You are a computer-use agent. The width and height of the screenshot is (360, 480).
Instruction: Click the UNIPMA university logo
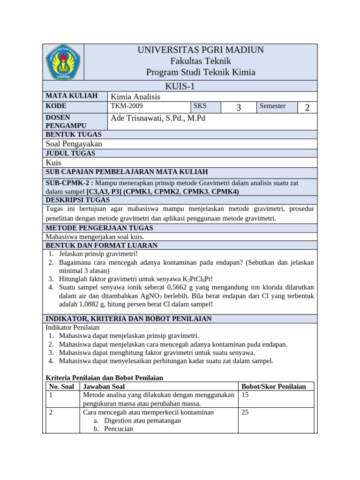pos(63,62)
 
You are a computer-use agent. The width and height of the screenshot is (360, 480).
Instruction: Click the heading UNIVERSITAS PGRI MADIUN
pos(201,50)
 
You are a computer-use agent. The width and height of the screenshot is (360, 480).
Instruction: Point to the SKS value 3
pos(238,108)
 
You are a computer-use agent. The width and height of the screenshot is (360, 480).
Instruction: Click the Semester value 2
pos(307,108)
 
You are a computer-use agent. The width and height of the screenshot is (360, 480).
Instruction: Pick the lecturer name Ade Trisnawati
pos(158,118)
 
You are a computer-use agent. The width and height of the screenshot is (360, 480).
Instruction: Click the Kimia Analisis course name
pos(135,97)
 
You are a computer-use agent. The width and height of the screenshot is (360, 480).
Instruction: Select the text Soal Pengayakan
pos(74,144)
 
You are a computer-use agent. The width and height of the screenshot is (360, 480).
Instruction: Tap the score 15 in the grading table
pos(246,395)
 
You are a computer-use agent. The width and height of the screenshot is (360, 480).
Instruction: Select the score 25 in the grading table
pos(246,412)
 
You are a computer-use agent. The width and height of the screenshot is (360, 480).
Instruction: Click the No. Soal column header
pos(62,387)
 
